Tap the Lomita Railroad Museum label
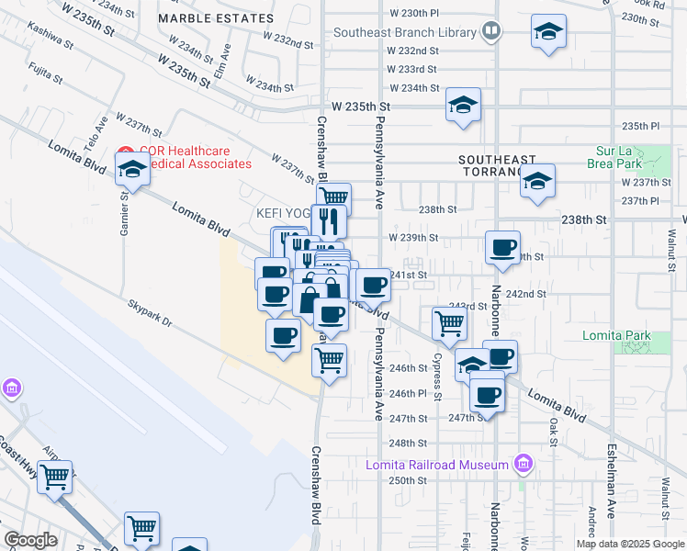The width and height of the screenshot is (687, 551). click(436, 465)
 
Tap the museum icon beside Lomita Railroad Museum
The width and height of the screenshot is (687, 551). click(523, 464)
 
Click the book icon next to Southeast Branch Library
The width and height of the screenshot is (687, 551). click(491, 32)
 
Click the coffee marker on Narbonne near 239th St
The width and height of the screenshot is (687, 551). click(503, 248)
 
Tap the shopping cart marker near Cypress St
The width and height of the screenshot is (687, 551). click(449, 322)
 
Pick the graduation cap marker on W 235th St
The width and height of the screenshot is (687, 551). click(464, 105)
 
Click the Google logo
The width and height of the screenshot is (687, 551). click(30, 540)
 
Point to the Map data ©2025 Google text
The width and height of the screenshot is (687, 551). click(629, 544)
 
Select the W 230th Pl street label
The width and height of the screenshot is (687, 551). click(414, 13)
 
